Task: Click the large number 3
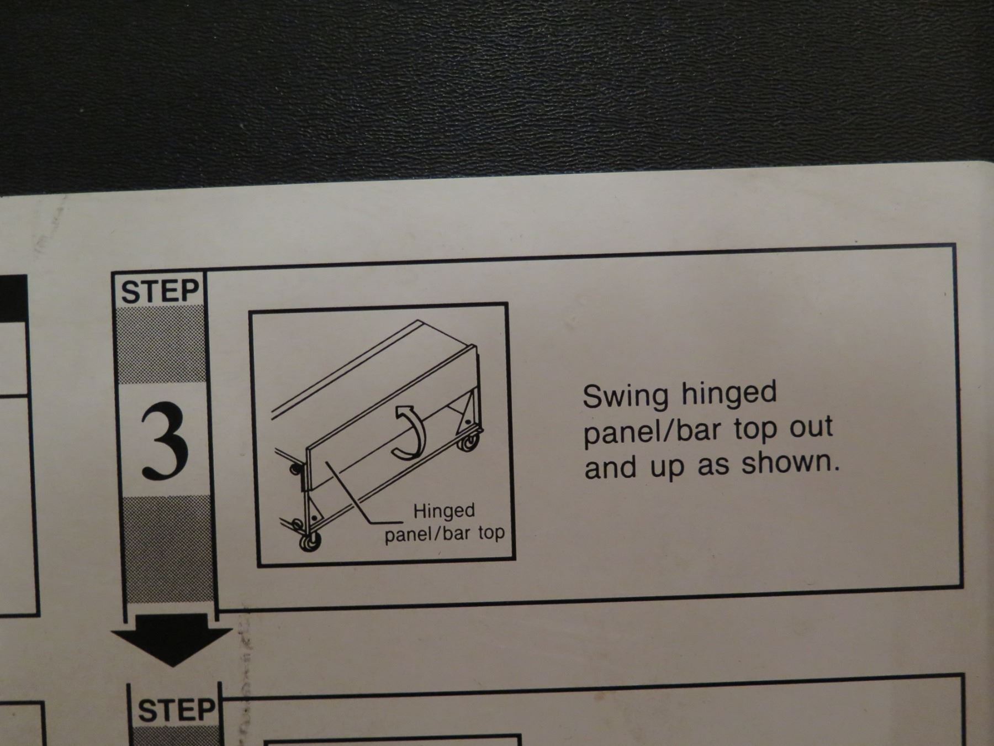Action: [164, 440]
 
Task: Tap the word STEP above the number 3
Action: [160, 291]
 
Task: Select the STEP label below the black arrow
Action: [176, 710]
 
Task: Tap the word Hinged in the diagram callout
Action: [444, 512]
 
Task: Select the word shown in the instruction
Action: [790, 462]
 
